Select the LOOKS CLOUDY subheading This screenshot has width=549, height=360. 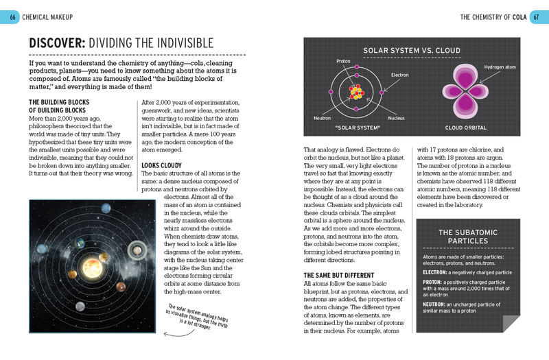click(162, 166)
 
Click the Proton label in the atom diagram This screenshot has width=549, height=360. click(343, 61)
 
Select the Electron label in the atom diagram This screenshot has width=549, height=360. click(399, 74)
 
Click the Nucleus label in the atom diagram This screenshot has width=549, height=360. click(395, 118)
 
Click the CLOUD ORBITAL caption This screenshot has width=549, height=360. click(466, 128)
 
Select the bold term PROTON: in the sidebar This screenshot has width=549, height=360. click(432, 282)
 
